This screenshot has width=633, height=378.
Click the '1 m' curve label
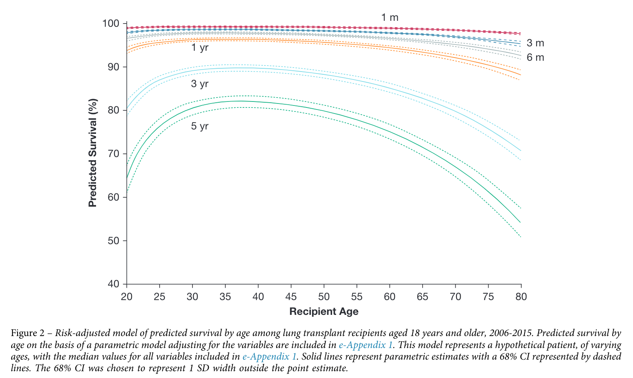click(389, 18)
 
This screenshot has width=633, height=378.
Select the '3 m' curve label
click(535, 43)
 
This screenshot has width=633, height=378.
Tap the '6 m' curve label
click(535, 58)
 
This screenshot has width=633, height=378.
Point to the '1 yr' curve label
click(200, 48)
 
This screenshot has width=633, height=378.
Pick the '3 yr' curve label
click(200, 84)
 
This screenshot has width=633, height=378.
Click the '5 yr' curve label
click(200, 126)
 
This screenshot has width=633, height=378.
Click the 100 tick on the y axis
click(111, 24)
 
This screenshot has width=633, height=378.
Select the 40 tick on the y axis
click(114, 284)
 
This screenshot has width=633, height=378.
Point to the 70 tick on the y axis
click(114, 154)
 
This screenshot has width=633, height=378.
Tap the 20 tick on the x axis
click(127, 297)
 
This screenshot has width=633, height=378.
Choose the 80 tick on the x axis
click(521, 297)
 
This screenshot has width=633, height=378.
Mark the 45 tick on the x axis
click(291, 297)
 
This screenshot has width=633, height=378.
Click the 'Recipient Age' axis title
click(324, 312)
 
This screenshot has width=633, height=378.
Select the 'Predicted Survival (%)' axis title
click(93, 153)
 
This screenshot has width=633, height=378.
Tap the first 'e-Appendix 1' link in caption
click(365, 345)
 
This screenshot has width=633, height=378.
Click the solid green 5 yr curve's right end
click(520, 222)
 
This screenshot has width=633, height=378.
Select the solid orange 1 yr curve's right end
click(520, 75)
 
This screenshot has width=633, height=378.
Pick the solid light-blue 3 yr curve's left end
click(127, 109)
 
